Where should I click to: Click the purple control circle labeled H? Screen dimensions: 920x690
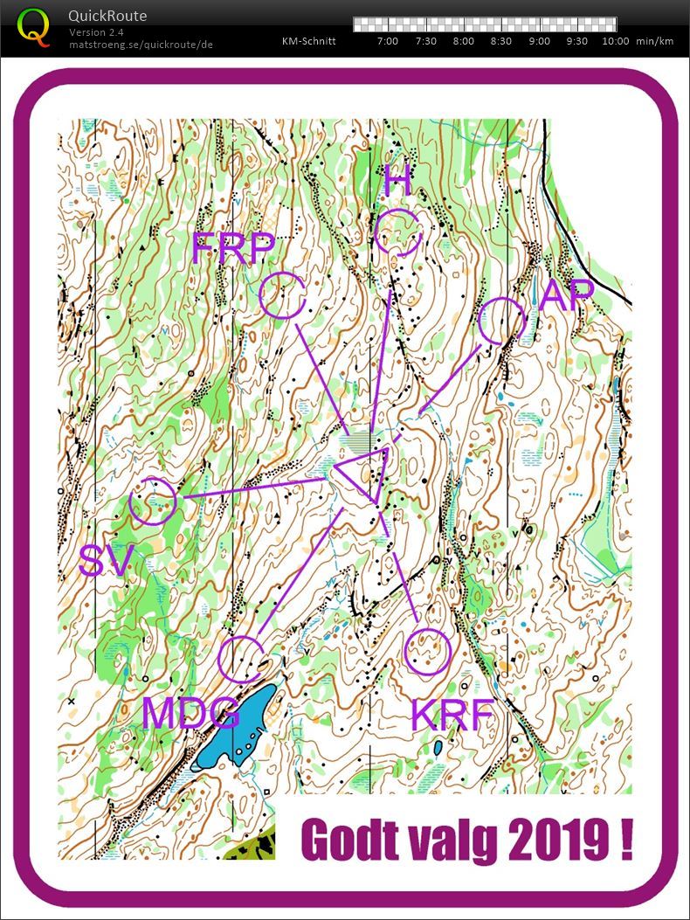(400, 232)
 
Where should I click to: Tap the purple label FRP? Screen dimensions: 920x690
(233, 249)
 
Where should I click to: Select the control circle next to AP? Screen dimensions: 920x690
(502, 321)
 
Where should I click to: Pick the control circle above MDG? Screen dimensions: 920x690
(241, 659)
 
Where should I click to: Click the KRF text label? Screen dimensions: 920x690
(452, 715)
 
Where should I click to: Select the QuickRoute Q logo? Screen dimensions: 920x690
(34, 27)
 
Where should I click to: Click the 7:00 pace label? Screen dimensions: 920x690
(387, 41)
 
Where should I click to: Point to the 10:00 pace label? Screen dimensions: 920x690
(615, 41)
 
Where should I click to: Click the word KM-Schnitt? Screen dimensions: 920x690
(309, 41)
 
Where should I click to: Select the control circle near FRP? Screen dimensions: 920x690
(283, 294)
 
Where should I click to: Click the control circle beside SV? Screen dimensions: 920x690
(153, 502)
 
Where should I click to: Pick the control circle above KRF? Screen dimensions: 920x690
(428, 651)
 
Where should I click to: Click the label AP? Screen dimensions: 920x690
(567, 295)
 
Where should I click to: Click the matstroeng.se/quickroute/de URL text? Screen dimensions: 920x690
(141, 44)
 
